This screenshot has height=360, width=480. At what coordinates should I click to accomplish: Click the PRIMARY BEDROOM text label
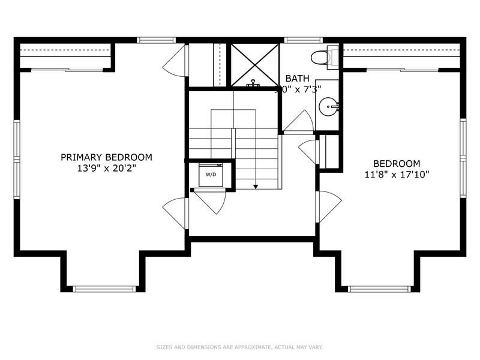click(106, 157)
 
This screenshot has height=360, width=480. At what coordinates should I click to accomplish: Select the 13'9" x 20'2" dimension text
click(106, 169)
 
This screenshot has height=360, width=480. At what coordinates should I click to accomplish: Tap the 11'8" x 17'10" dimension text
click(397, 175)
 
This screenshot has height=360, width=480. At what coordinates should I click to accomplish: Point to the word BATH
click(297, 79)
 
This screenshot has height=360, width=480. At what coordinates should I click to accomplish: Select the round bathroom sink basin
click(328, 107)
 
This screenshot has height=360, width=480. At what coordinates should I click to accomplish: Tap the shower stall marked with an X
click(255, 64)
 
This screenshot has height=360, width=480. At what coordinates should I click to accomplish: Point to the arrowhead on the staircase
click(256, 187)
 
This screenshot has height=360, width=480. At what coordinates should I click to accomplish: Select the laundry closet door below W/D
click(210, 201)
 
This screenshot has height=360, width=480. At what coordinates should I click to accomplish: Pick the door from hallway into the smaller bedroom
click(328, 206)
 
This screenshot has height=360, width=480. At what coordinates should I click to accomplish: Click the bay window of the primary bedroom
click(104, 289)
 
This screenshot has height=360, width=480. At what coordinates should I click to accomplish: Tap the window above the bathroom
click(295, 40)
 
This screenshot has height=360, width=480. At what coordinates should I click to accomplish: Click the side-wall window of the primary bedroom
click(17, 158)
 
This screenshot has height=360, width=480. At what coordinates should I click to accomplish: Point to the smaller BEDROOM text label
click(397, 163)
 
